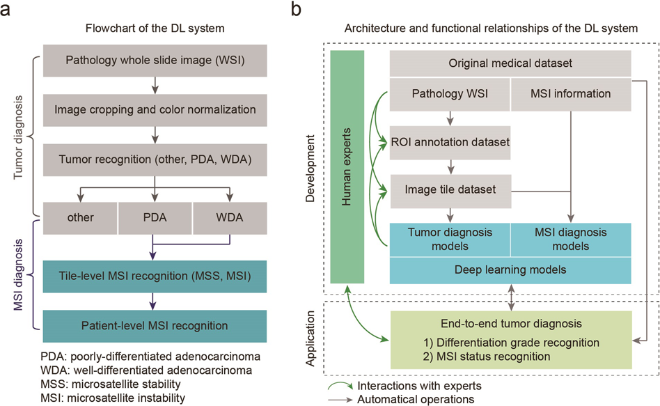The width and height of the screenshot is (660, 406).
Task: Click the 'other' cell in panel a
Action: point(79,217)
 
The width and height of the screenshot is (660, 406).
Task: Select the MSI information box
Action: point(571,93)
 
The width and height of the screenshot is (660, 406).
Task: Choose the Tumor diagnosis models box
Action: point(450,238)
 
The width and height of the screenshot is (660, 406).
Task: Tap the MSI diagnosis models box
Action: point(571,238)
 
